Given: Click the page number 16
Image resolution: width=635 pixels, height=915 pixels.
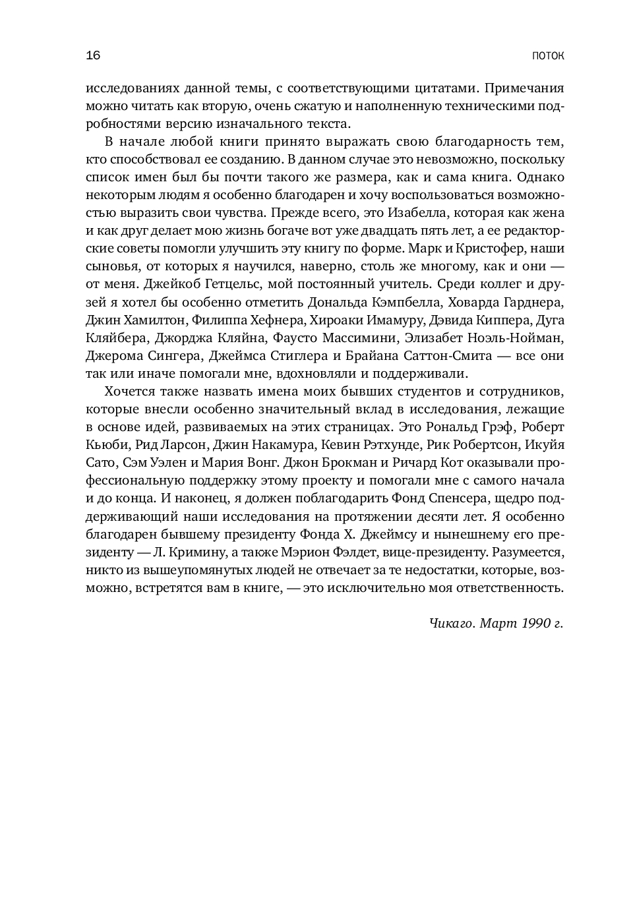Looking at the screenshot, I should tap(93, 55).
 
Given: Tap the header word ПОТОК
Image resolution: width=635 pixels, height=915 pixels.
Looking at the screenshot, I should tap(548, 56).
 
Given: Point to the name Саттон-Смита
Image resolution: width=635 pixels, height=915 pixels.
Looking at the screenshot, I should tap(446, 355).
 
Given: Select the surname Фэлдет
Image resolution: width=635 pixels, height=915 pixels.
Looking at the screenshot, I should tap(342, 551).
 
